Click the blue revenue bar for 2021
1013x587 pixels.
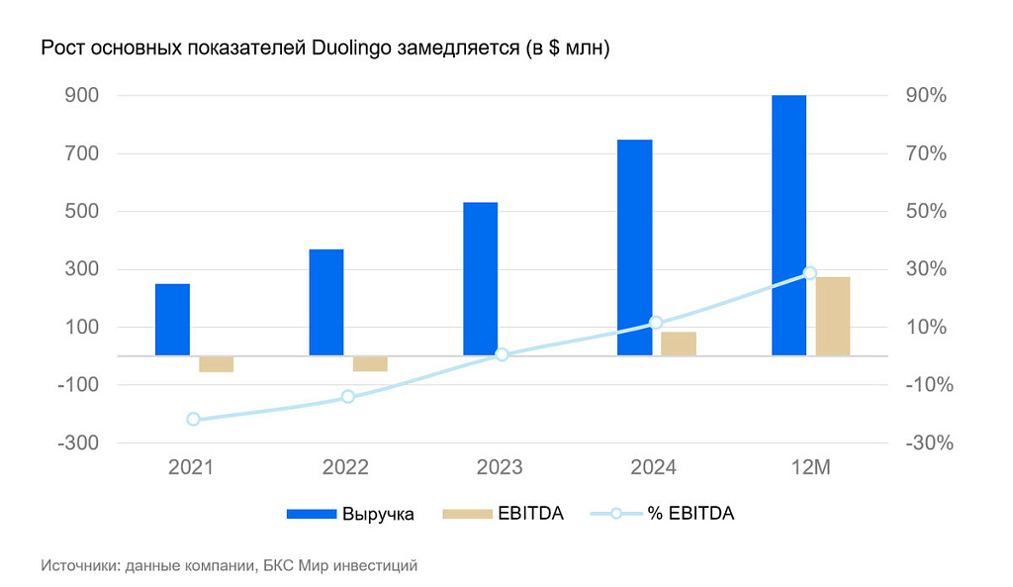[x=172, y=319]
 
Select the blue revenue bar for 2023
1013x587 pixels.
[x=480, y=278]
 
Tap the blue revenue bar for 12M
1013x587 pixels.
[x=788, y=225]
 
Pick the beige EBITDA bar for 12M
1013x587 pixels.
[x=832, y=316]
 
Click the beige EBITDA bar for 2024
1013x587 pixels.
[x=679, y=343]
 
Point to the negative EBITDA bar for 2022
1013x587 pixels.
[x=370, y=363]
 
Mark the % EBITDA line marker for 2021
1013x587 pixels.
[x=193, y=419]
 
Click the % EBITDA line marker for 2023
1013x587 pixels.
[x=502, y=353]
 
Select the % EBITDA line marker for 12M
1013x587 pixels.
[x=809, y=272]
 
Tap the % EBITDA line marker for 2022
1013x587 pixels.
[x=348, y=396]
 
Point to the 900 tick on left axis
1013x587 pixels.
[x=81, y=96]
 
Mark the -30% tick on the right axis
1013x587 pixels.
[x=929, y=443]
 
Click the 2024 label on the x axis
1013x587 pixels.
[x=654, y=467]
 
